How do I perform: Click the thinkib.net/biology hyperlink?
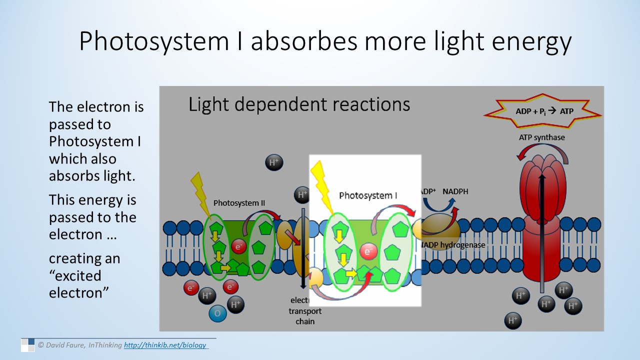pos(165,345)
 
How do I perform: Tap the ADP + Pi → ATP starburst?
pos(544,111)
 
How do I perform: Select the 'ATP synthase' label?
pos(541,137)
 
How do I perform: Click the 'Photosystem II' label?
pos(239,203)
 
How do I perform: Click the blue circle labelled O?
pos(217,313)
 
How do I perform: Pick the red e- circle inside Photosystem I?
pos(368,251)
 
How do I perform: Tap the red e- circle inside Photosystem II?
pos(239,246)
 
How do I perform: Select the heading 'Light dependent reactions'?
pos(299,104)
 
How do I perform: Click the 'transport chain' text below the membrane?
pos(305,316)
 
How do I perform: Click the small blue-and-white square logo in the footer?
pos(27,344)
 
